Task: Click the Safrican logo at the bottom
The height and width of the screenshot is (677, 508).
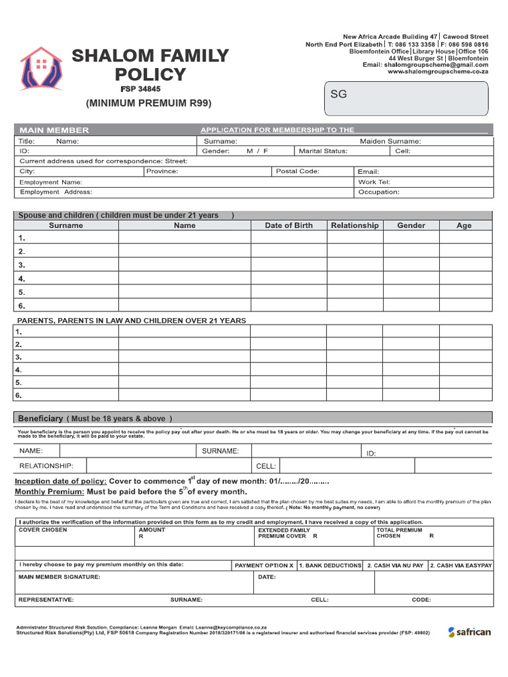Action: pos(469,632)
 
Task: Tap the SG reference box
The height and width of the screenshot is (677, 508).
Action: pos(405,98)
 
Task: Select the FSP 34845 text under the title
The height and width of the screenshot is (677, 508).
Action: pos(140,89)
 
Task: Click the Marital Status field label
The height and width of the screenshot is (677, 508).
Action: pos(323,151)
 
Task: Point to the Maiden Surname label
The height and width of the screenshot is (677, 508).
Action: pos(390,141)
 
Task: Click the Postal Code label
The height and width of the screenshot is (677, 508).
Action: pos(298,171)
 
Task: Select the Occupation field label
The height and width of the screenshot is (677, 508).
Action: pos(378,192)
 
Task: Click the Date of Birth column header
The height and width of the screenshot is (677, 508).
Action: pos(288,225)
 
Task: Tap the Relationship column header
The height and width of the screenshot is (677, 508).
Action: pos(355,225)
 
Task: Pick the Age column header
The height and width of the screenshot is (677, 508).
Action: pos(464,225)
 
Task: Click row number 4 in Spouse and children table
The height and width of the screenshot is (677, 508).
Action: pos(22,278)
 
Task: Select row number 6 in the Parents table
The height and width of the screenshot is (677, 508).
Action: pos(19,395)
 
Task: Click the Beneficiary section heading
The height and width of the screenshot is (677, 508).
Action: pos(40,418)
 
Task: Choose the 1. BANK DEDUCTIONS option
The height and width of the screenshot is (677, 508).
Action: pos(330,566)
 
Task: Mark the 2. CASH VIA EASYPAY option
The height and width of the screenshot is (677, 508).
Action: pos(461,566)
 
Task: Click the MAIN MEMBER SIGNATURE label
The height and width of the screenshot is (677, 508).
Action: pos(60,577)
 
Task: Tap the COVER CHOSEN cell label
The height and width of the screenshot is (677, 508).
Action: pos(42,530)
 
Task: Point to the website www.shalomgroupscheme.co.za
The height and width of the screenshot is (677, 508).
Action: pos(437,72)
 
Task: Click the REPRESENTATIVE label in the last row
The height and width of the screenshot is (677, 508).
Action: pos(46,600)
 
